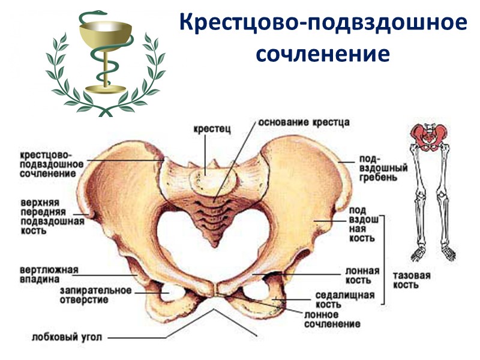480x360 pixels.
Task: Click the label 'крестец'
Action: (209, 128)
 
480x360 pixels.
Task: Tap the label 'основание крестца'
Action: (304, 122)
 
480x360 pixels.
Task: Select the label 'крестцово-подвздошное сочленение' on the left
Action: (47, 163)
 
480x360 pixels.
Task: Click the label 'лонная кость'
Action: (362, 275)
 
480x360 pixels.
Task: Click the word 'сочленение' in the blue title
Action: (323, 53)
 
